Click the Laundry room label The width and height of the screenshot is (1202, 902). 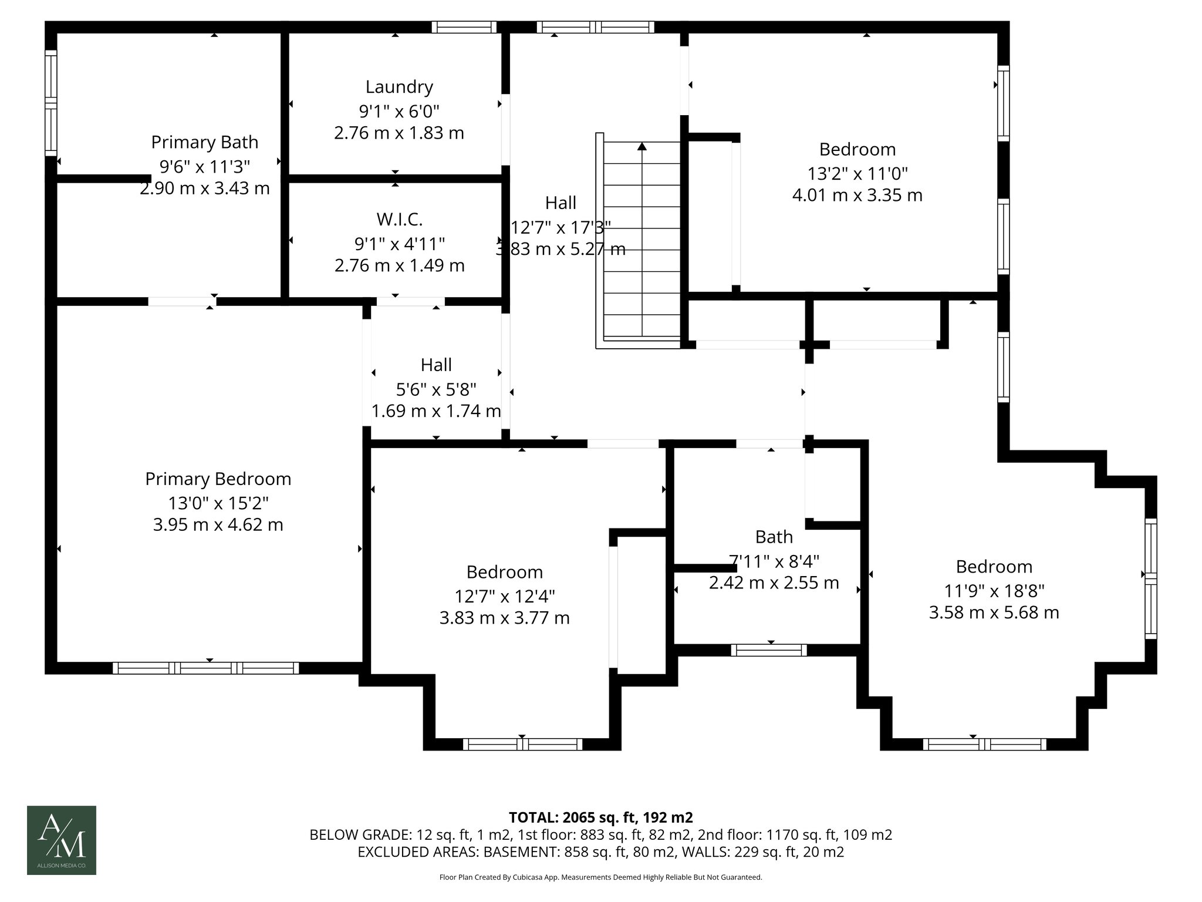click(399, 87)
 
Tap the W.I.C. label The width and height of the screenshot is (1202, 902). click(399, 220)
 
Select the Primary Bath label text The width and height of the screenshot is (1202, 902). click(204, 142)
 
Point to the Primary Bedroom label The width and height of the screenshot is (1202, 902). click(218, 479)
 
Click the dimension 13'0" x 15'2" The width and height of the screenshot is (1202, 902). click(218, 503)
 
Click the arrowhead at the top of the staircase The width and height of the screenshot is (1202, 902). click(642, 146)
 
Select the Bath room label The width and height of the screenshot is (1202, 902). click(774, 537)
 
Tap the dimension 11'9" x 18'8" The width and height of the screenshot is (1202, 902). click(994, 590)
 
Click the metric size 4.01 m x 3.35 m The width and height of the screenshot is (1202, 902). click(857, 196)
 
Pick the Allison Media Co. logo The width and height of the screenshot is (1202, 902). click(62, 840)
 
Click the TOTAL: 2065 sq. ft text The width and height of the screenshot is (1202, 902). click(600, 817)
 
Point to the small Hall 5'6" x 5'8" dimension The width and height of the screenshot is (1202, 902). click(436, 389)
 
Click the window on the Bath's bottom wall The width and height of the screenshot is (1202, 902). click(769, 650)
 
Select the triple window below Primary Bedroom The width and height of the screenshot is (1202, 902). click(205, 668)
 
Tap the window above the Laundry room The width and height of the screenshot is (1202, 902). click(464, 27)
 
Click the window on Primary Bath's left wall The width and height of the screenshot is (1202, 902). click(52, 103)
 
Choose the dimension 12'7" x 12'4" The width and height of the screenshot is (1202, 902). click(504, 596)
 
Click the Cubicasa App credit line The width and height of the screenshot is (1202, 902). click(600, 877)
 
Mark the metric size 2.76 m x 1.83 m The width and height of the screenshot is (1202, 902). click(399, 133)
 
